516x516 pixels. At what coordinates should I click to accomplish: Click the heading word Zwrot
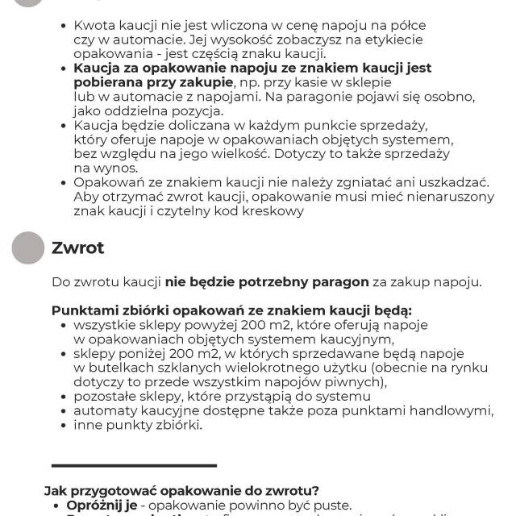(78, 248)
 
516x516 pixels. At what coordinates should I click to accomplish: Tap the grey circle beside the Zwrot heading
(28, 248)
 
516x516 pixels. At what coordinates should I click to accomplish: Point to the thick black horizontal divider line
(135, 465)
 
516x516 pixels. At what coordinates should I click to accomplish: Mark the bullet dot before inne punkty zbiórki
(64, 425)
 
